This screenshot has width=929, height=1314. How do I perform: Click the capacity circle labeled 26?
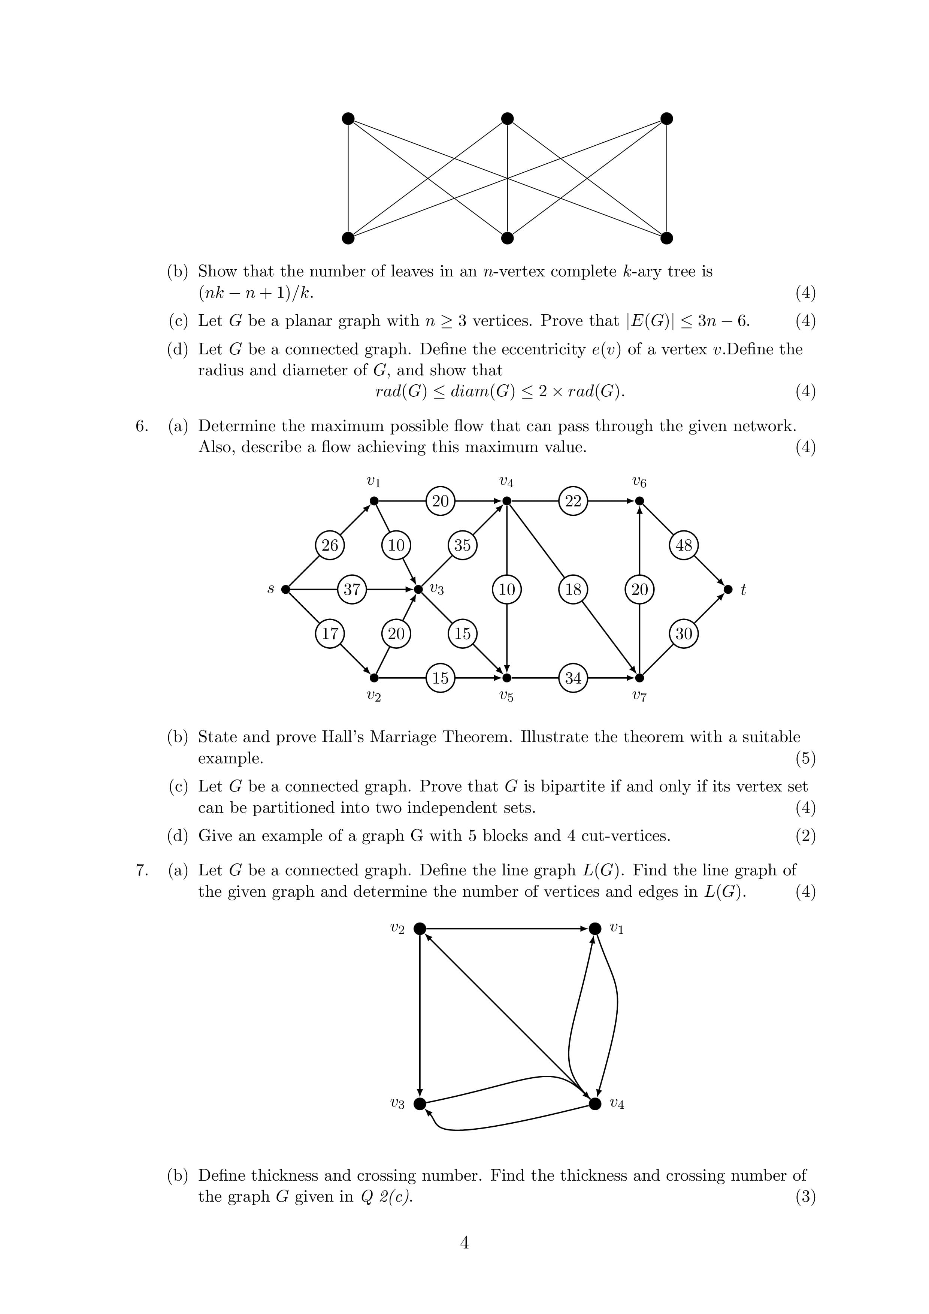click(330, 545)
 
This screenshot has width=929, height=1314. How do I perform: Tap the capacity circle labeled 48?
click(683, 545)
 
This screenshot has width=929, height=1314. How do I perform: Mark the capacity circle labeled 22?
click(573, 501)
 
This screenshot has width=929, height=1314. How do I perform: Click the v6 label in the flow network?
click(639, 482)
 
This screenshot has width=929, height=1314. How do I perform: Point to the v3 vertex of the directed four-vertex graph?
click(420, 1104)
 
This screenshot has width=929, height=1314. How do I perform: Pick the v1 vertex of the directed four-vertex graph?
click(595, 928)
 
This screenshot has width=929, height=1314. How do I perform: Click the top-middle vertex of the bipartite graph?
click(507, 118)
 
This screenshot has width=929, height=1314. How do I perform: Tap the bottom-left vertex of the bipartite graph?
click(348, 237)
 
